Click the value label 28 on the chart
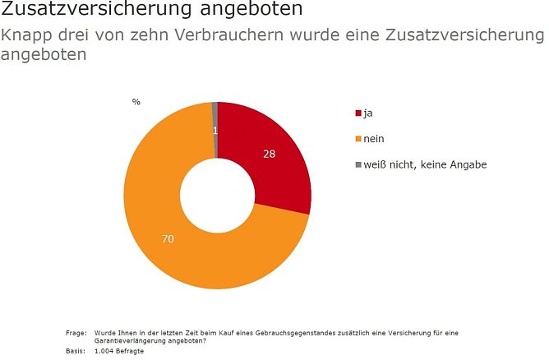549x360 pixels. click(269, 154)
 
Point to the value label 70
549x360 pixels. click(168, 239)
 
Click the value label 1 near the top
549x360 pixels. click(215, 131)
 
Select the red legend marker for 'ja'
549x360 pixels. click(358, 113)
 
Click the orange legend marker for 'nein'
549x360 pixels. click(358, 139)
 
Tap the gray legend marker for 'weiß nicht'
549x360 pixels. click(358, 164)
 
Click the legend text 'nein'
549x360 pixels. click(375, 139)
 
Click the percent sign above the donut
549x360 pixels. click(136, 102)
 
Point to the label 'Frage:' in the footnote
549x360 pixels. click(76, 333)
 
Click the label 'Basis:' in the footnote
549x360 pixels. click(75, 351)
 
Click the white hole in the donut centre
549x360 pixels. click(217, 196)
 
